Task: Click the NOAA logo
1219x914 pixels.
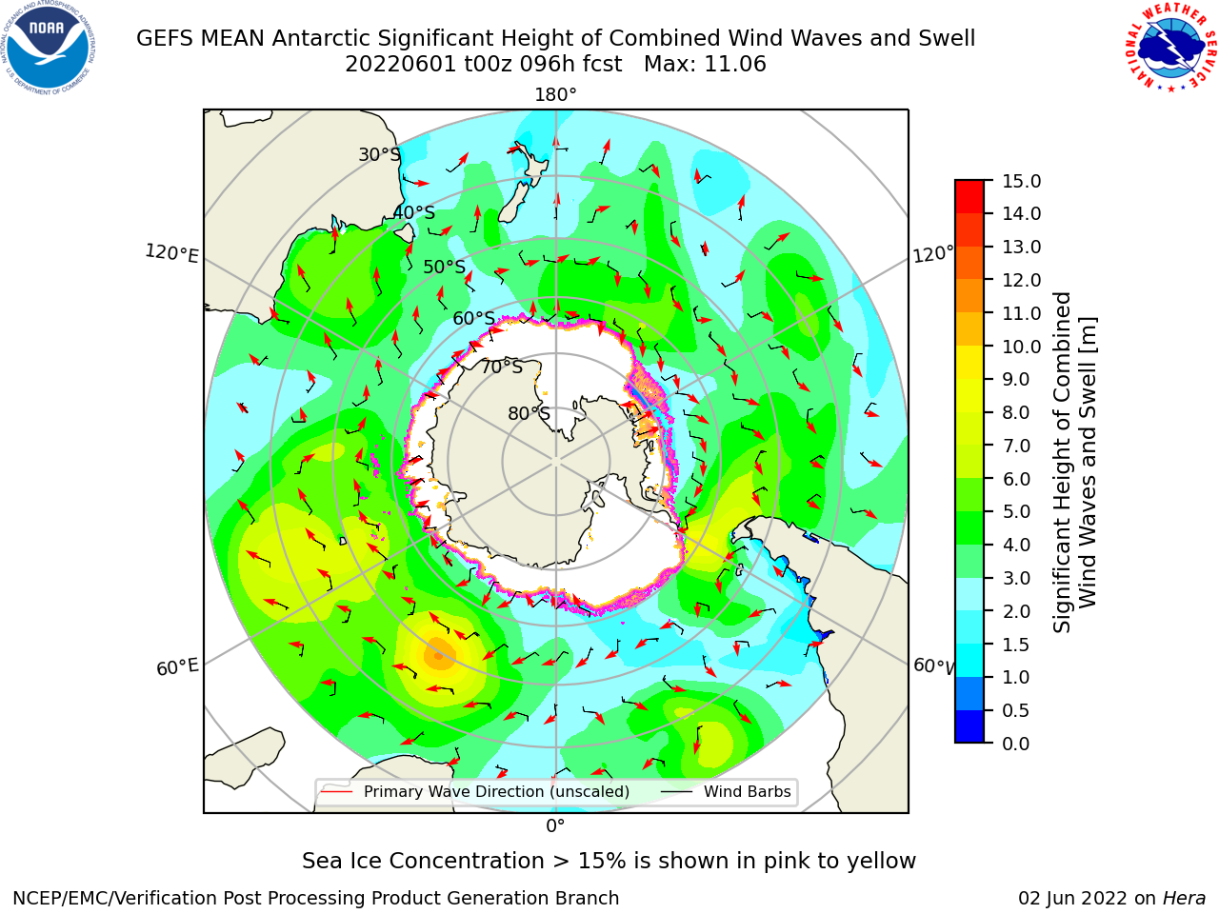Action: click(49, 48)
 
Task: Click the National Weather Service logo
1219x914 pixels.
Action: click(1170, 48)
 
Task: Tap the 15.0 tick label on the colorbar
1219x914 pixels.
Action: click(1021, 181)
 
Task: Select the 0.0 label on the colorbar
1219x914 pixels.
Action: click(1016, 744)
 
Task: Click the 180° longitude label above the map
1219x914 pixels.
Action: click(555, 95)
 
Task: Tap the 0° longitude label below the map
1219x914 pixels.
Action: click(555, 826)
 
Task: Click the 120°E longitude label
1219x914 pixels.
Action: click(171, 253)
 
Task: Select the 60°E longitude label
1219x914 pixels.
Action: click(177, 667)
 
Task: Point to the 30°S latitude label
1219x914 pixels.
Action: click(379, 154)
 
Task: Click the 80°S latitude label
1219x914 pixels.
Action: click(529, 413)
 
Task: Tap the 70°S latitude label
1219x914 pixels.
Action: click(502, 367)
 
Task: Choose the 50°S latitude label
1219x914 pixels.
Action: click(445, 267)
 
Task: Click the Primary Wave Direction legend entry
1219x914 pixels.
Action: click(475, 791)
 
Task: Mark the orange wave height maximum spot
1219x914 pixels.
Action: click(440, 655)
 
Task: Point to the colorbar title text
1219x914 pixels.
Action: click(1074, 462)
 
